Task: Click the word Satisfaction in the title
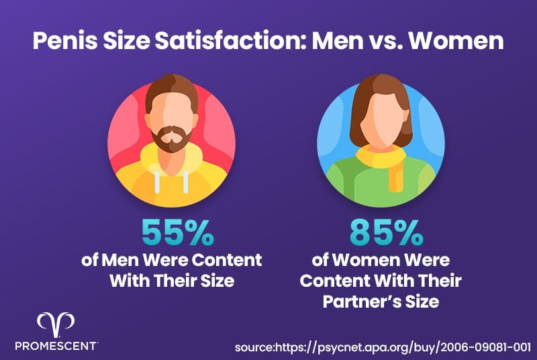pyautogui.click(x=227, y=42)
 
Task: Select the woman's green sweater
pyautogui.click(x=349, y=181)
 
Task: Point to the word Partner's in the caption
pyautogui.click(x=358, y=302)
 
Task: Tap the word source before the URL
pyautogui.click(x=256, y=347)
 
